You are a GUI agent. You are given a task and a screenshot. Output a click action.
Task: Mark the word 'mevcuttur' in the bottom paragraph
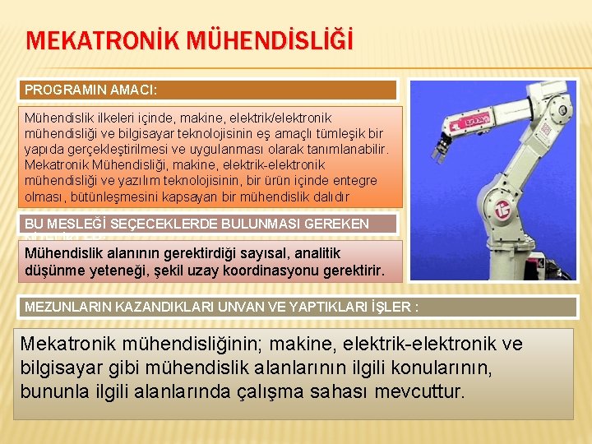point(419,390)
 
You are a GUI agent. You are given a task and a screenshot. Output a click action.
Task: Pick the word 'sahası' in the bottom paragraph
point(339,390)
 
